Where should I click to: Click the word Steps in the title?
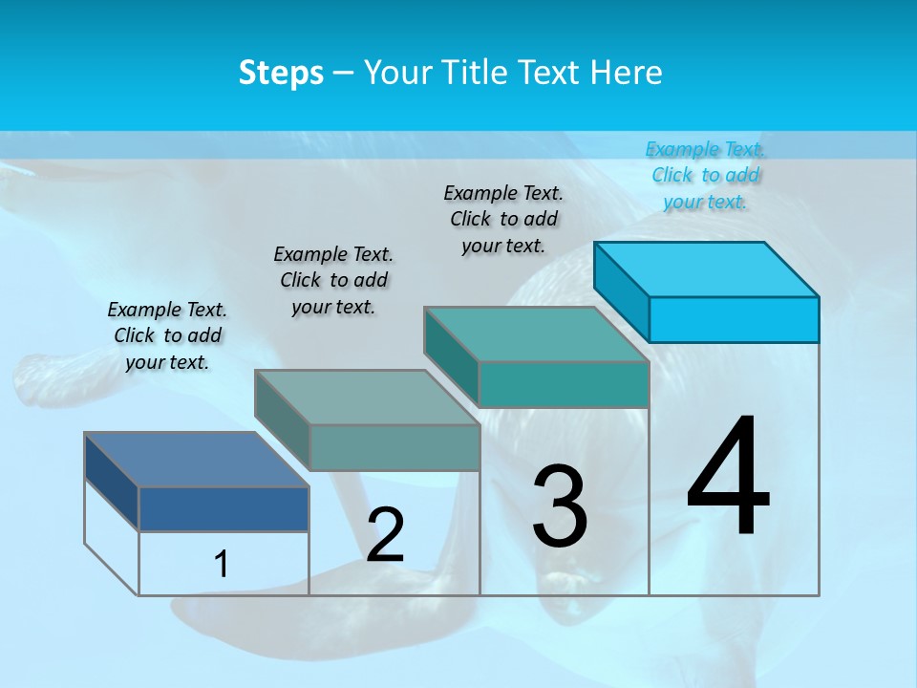click(281, 73)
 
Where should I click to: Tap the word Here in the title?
click(626, 73)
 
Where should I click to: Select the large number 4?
click(728, 478)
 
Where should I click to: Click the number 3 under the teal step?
click(560, 506)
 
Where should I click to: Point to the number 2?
click(385, 535)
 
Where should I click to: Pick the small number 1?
click(222, 564)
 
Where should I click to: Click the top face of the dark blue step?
click(196, 460)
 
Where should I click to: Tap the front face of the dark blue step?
click(224, 508)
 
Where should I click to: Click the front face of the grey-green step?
click(395, 447)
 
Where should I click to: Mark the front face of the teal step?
click(564, 384)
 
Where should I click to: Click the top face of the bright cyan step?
click(706, 269)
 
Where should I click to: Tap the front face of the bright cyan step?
click(734, 319)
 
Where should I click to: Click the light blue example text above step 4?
click(705, 175)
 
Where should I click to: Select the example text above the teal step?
click(503, 219)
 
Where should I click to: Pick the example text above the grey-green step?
click(333, 280)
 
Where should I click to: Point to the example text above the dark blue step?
click(167, 335)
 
